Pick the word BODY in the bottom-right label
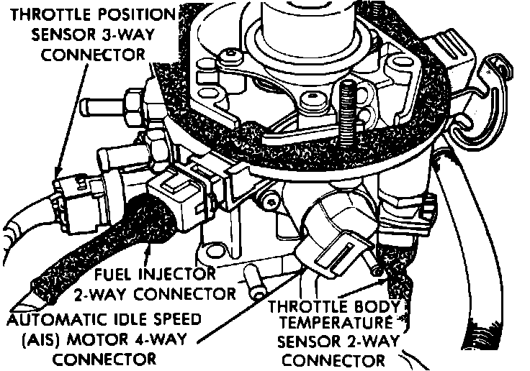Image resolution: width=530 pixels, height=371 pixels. (369, 306)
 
